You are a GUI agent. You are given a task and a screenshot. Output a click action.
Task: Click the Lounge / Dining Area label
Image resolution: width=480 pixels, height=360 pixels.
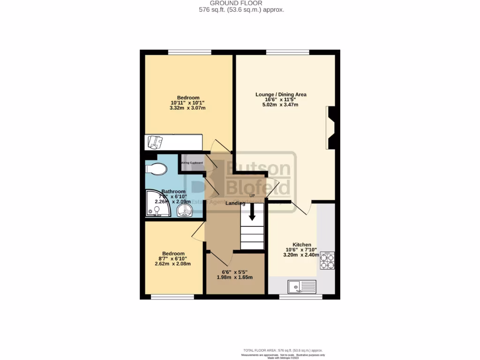(281, 94)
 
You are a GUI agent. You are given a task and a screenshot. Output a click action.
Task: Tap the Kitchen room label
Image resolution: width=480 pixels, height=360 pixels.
(302, 245)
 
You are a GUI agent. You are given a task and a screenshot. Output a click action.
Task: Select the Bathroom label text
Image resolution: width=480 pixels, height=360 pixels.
(173, 192)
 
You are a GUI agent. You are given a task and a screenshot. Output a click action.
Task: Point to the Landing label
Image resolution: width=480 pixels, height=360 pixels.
(235, 203)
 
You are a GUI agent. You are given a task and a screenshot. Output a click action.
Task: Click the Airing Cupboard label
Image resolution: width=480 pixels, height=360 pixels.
(192, 163)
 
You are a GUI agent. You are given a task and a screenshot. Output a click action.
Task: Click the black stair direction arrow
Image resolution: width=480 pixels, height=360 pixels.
(252, 213)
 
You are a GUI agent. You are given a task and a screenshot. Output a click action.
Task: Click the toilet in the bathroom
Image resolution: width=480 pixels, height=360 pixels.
(156, 168)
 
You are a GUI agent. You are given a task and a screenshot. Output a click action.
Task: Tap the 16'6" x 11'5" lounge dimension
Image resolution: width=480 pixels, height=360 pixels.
(281, 99)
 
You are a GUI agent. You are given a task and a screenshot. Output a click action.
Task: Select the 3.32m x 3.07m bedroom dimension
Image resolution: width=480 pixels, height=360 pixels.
(187, 108)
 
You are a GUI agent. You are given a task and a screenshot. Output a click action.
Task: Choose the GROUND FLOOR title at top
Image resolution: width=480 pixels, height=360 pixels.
(240, 3)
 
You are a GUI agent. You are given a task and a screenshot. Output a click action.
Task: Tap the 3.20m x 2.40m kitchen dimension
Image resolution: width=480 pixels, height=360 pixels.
(301, 255)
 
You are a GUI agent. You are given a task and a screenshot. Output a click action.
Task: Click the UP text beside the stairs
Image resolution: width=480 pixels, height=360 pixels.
(252, 195)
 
